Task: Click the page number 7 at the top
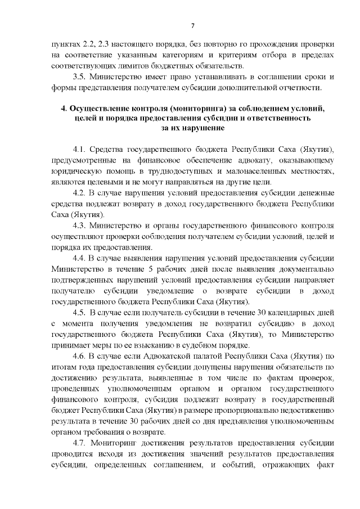click(193, 25)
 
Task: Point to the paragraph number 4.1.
click(80, 149)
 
